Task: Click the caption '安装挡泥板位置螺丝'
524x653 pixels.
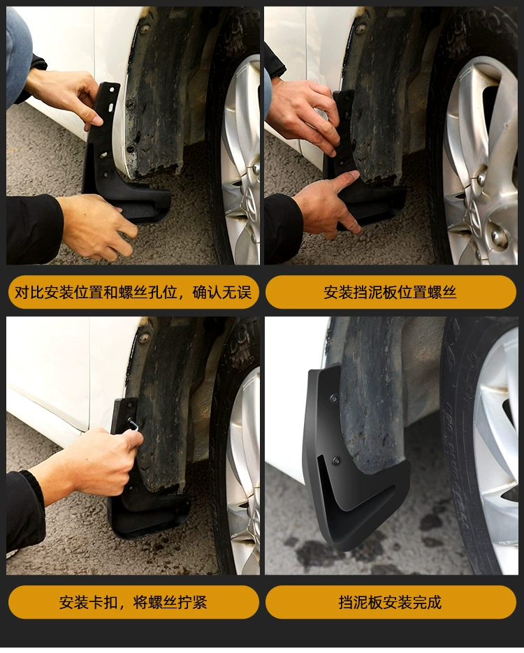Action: point(390,293)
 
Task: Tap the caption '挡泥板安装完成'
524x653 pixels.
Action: point(390,602)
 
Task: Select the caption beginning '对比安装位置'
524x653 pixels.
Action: point(133,293)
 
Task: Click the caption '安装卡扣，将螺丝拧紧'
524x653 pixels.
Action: point(133,602)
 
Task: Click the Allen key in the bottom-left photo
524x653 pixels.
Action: point(133,425)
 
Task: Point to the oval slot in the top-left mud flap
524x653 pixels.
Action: point(112,108)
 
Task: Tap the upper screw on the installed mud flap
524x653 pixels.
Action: point(333,399)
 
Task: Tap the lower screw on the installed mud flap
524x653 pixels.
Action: point(336,461)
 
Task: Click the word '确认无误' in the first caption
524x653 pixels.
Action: point(222,293)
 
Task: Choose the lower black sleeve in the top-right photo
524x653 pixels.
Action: point(283,228)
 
